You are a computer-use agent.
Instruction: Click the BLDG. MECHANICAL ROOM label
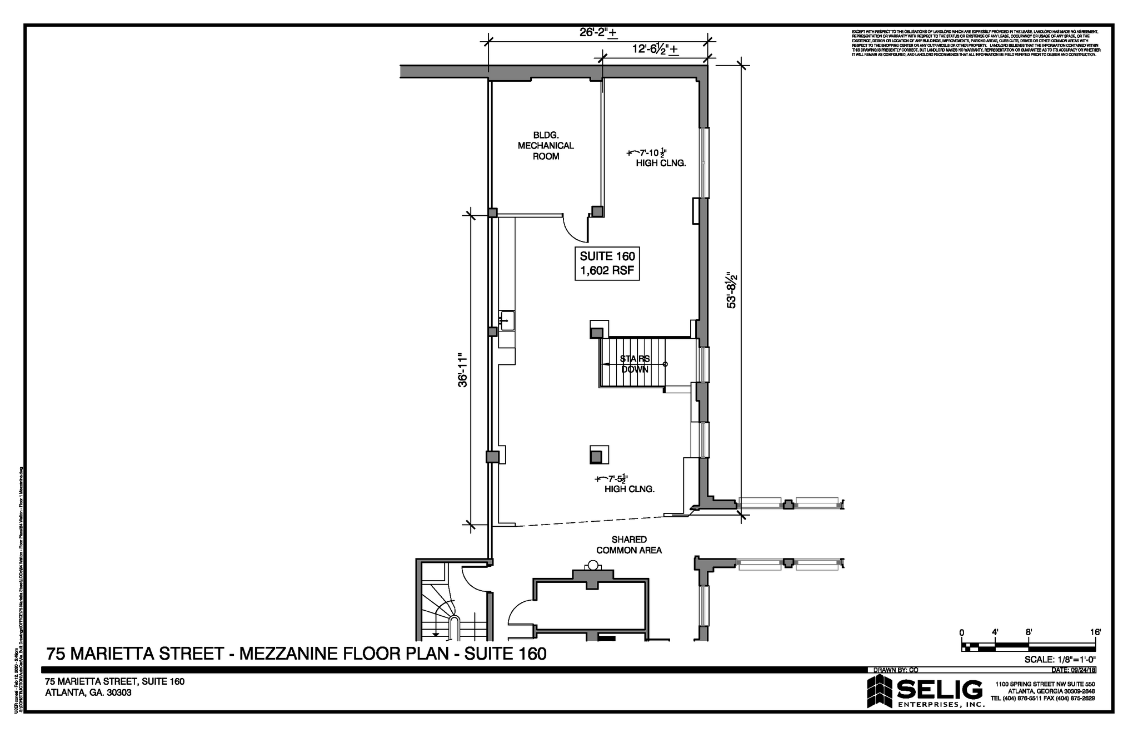pyautogui.click(x=546, y=146)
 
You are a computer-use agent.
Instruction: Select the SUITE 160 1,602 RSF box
pyautogui.click(x=607, y=264)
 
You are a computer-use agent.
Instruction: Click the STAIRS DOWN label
pyautogui.click(x=635, y=364)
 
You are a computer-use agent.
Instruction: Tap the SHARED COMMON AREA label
pyautogui.click(x=629, y=545)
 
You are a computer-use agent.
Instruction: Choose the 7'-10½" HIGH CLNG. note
pyautogui.click(x=656, y=158)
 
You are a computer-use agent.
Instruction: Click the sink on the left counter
pyautogui.click(x=507, y=321)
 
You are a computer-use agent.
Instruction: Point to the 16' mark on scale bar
pyautogui.click(x=1095, y=632)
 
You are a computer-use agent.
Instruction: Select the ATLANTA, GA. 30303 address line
pyautogui.click(x=88, y=693)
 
